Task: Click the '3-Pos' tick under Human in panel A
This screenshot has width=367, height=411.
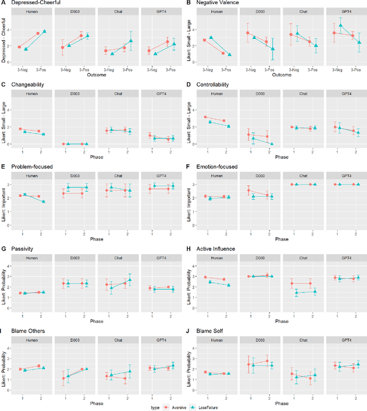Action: (x=42, y=69)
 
